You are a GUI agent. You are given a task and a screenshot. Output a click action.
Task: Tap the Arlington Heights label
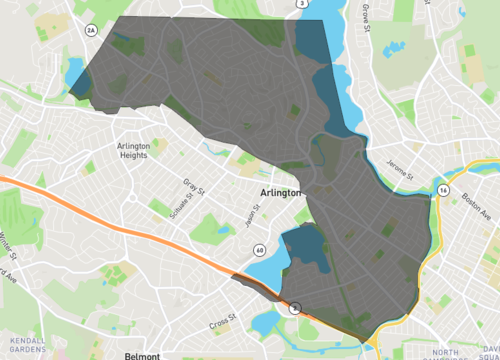pyautogui.click(x=133, y=150)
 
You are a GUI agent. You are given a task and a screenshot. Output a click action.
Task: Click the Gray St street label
pyautogui.click(x=193, y=186)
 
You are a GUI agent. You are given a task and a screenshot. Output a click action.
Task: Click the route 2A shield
pyautogui.click(x=90, y=31)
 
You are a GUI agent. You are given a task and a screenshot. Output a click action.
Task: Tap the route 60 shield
pyautogui.click(x=259, y=249)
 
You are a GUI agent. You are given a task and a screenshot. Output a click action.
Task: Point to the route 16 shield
pyautogui.click(x=442, y=189)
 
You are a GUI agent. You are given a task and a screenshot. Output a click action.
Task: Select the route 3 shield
pyautogui.click(x=301, y=4)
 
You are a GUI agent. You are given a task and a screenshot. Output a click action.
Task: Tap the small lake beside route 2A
pyautogui.click(x=72, y=73)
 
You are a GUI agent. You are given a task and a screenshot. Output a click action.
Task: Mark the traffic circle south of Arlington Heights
pyautogui.click(x=132, y=196)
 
